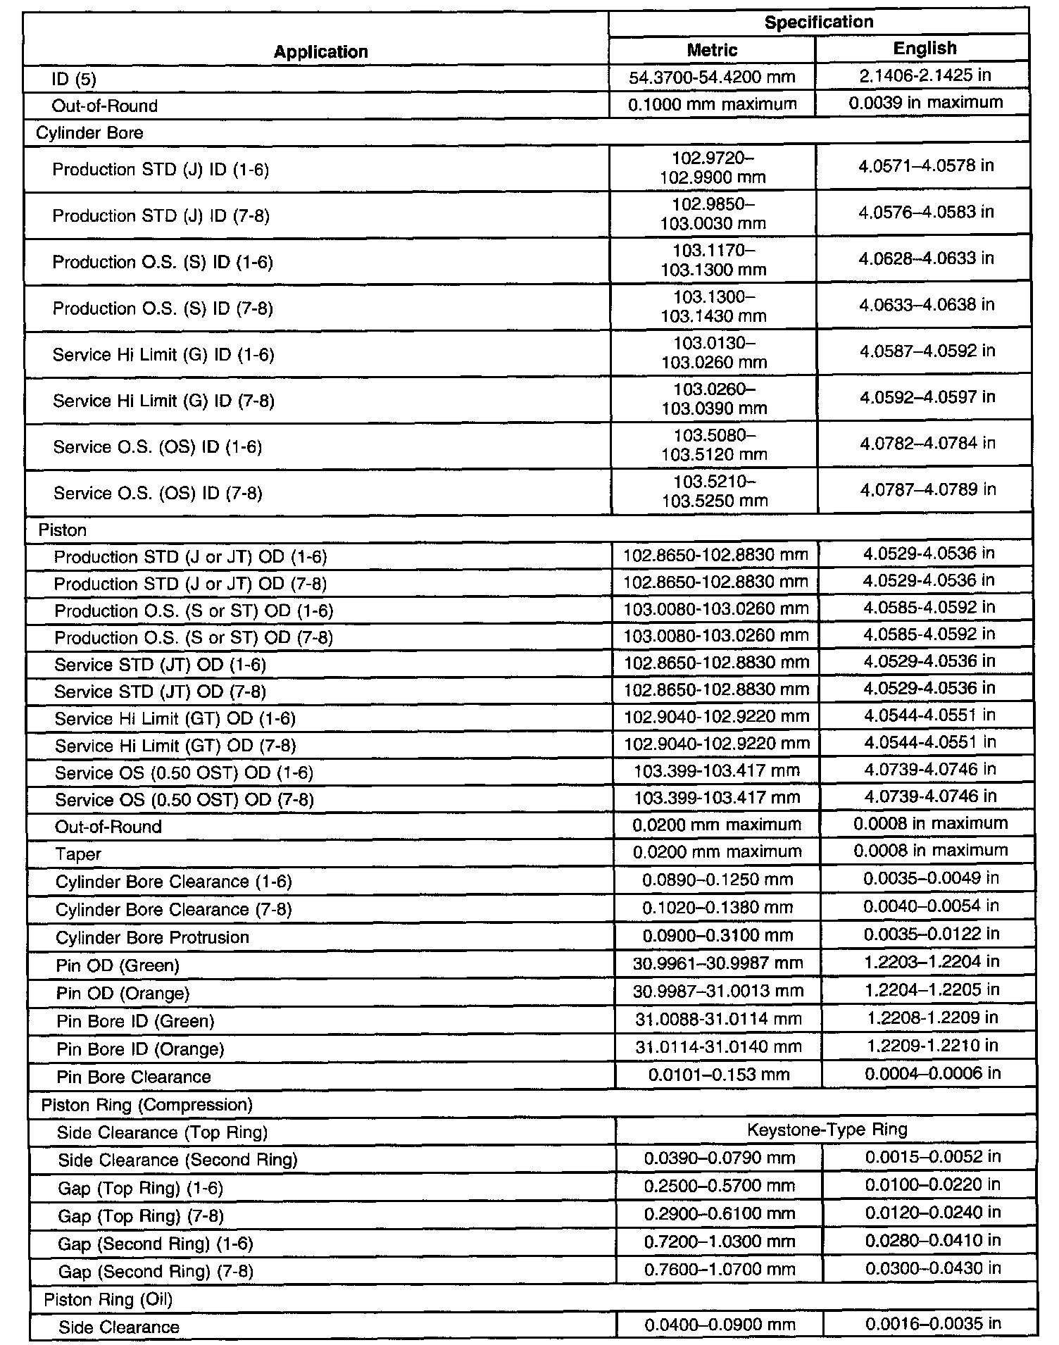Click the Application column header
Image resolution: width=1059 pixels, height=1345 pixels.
pyautogui.click(x=320, y=51)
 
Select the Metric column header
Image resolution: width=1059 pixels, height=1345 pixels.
pyautogui.click(x=712, y=50)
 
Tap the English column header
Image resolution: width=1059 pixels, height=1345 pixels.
pyautogui.click(x=925, y=48)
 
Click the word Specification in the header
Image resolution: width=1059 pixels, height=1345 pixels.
pyautogui.click(x=818, y=22)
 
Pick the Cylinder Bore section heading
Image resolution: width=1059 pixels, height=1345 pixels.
pyautogui.click(x=89, y=133)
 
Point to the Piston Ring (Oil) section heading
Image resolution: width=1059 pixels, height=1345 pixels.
pyautogui.click(x=108, y=1299)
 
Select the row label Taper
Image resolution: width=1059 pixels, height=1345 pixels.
pyautogui.click(x=78, y=854)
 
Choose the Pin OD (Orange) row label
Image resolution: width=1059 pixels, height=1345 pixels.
pyautogui.click(x=123, y=993)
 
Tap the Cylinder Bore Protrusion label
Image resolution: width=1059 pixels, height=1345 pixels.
pyautogui.click(x=152, y=937)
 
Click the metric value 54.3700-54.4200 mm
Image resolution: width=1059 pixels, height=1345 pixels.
pyautogui.click(x=712, y=77)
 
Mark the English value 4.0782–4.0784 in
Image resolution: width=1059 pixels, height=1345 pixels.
pyautogui.click(x=927, y=444)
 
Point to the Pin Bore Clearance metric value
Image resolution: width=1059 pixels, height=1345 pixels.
pyautogui.click(x=718, y=1075)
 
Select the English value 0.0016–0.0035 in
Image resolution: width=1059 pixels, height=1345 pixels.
pyautogui.click(x=932, y=1324)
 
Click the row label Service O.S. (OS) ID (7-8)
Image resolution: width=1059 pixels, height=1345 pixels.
pyautogui.click(x=158, y=493)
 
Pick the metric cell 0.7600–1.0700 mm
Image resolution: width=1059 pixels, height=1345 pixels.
pyautogui.click(x=719, y=1269)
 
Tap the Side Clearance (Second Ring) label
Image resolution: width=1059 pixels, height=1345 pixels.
pyautogui.click(x=177, y=1160)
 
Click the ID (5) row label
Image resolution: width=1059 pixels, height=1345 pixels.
pyautogui.click(x=73, y=79)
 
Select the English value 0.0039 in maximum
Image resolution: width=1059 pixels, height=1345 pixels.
pyautogui.click(x=925, y=103)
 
